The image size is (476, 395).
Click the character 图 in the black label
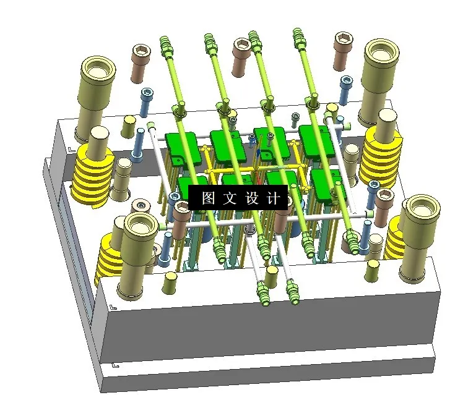click(x=208, y=198)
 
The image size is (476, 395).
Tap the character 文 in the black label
click(x=230, y=198)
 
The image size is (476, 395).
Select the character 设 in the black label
click(x=252, y=198)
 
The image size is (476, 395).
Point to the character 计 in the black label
click(x=273, y=198)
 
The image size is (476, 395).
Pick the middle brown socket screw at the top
click(x=241, y=57)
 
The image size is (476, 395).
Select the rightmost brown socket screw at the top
click(x=343, y=51)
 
